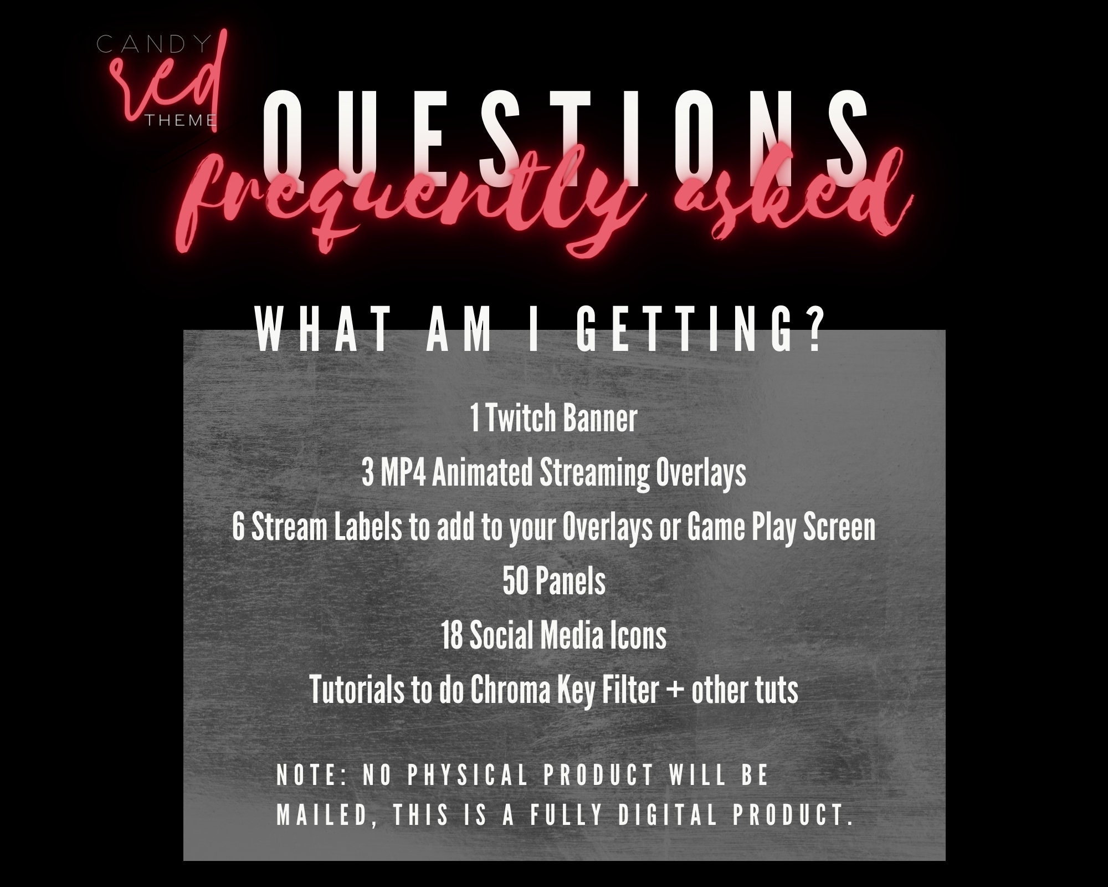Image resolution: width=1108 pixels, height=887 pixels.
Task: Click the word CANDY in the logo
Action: coord(154,44)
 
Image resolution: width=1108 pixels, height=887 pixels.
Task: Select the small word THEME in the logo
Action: coord(180,120)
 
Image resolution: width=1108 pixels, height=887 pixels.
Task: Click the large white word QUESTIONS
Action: coord(565,136)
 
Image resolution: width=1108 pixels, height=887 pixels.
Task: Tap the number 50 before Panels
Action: coord(515,582)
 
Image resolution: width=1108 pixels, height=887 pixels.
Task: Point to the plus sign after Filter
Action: coord(675,691)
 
